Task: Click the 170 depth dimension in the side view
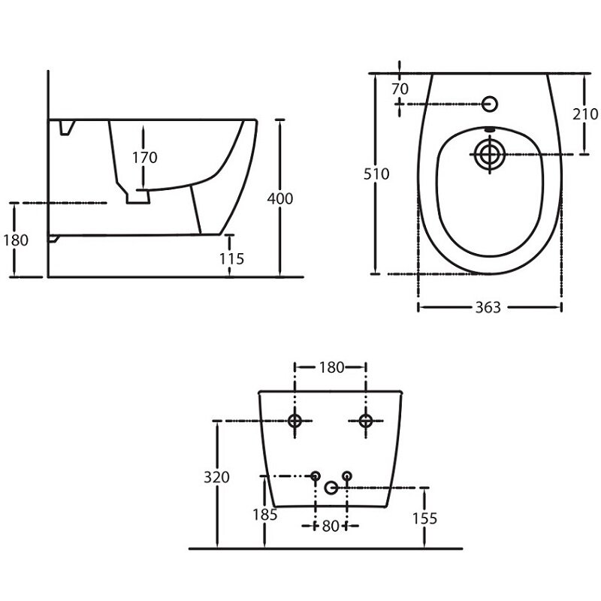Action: tap(145, 158)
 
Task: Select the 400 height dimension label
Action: tap(280, 198)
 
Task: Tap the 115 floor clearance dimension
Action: tap(232, 259)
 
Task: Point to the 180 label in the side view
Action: tap(16, 240)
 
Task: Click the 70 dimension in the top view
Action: tap(400, 89)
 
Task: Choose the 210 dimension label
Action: tap(585, 114)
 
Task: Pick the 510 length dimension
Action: tap(376, 174)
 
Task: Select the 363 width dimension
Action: tap(488, 307)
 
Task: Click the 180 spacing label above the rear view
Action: tap(331, 367)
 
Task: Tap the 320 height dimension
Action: tap(216, 477)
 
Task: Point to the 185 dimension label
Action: tap(265, 515)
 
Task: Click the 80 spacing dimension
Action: tap(331, 527)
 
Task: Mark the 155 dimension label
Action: tap(424, 518)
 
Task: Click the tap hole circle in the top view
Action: tap(490, 104)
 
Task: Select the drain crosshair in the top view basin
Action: tap(490, 155)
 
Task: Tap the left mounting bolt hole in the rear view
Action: tap(294, 421)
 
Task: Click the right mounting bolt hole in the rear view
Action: tap(366, 421)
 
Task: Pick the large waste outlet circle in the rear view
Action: tap(331, 488)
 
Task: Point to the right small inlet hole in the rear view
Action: tap(347, 476)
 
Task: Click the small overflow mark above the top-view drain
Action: tap(490, 129)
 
